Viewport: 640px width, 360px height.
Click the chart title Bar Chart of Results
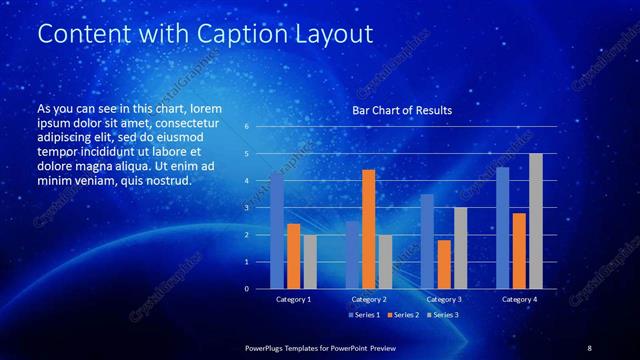coord(402,110)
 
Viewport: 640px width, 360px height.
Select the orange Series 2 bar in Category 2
coord(368,229)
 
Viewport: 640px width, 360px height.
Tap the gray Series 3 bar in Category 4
coord(536,221)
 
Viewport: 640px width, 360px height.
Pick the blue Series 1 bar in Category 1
coord(277,230)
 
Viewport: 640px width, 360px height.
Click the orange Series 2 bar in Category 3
coord(444,264)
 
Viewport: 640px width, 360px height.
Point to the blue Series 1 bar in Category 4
coord(502,227)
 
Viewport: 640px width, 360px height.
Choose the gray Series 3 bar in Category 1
coord(310,261)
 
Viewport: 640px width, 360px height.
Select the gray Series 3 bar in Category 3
coord(460,248)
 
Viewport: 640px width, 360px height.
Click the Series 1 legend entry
coord(363,315)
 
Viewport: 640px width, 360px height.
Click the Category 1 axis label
coord(293,299)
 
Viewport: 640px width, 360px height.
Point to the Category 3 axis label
coord(444,299)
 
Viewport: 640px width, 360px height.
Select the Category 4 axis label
coord(519,299)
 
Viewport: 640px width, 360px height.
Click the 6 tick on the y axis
coord(246,127)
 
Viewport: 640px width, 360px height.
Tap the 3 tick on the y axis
coord(246,208)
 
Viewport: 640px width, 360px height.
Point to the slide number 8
coord(589,347)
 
